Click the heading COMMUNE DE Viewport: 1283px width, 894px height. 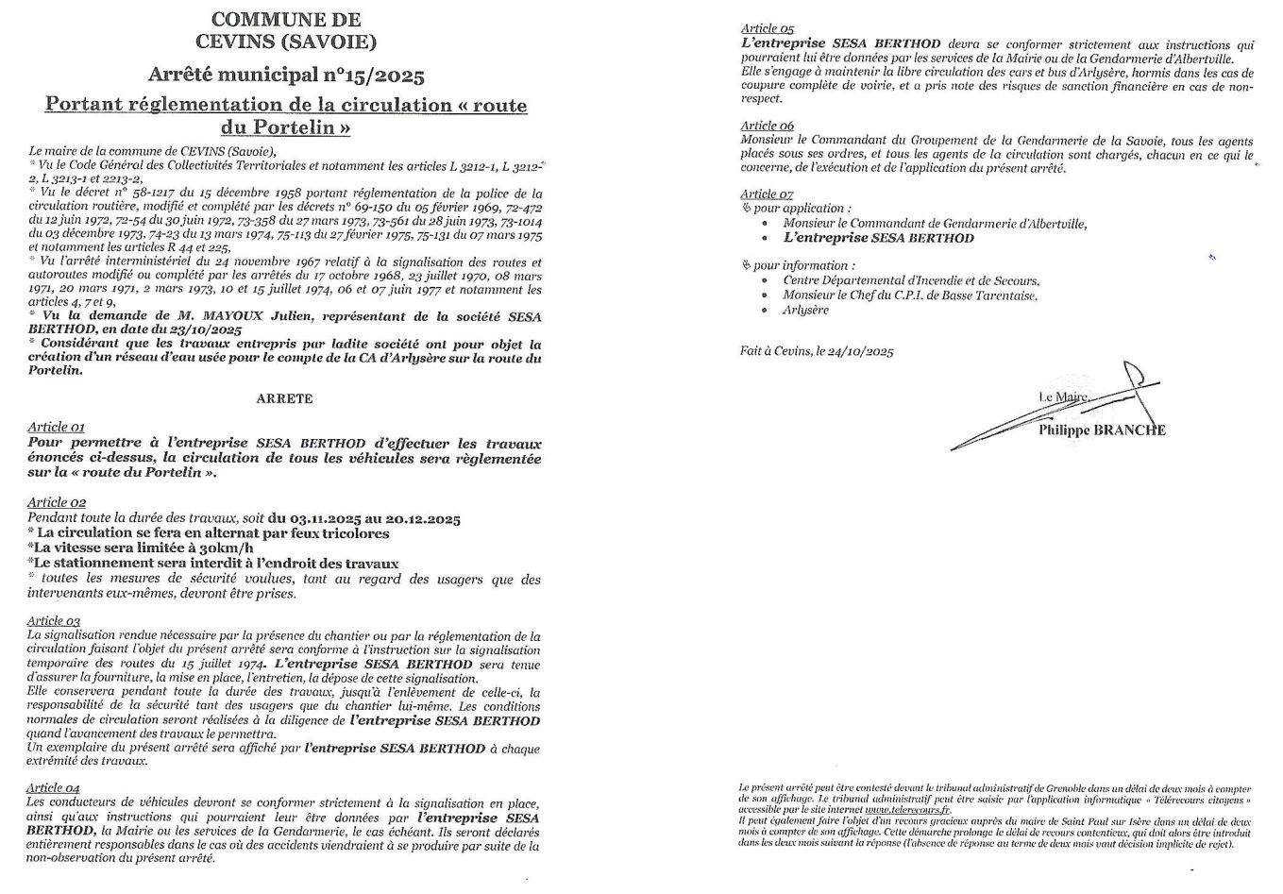(x=285, y=19)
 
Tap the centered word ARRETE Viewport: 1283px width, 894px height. (x=284, y=399)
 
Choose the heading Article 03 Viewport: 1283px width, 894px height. (x=54, y=620)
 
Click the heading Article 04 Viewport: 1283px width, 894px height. (x=54, y=787)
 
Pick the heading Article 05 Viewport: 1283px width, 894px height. (x=767, y=29)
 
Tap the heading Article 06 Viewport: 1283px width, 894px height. (x=767, y=126)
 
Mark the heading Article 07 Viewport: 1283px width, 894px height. (x=767, y=194)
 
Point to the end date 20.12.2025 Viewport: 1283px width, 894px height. (x=421, y=518)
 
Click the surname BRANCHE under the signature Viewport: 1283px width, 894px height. (x=1128, y=430)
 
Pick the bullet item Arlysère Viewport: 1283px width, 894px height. (x=805, y=310)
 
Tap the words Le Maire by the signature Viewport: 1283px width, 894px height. (x=1062, y=397)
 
